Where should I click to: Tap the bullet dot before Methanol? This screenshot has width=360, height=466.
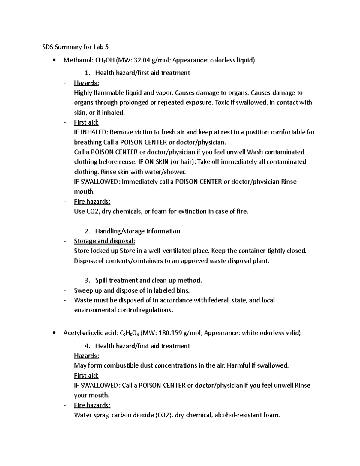pyautogui.click(x=54, y=60)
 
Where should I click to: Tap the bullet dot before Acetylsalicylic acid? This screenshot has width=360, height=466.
pyautogui.click(x=54, y=333)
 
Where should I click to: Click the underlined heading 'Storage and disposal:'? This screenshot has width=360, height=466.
pyautogui.click(x=104, y=241)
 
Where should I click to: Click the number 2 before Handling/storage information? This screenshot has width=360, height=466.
pyautogui.click(x=87, y=231)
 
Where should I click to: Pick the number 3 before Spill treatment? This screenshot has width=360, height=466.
pyautogui.click(x=87, y=281)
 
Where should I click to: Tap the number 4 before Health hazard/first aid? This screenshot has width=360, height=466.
pyautogui.click(x=87, y=346)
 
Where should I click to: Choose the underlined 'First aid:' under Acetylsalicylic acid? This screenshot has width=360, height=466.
pyautogui.click(x=86, y=376)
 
